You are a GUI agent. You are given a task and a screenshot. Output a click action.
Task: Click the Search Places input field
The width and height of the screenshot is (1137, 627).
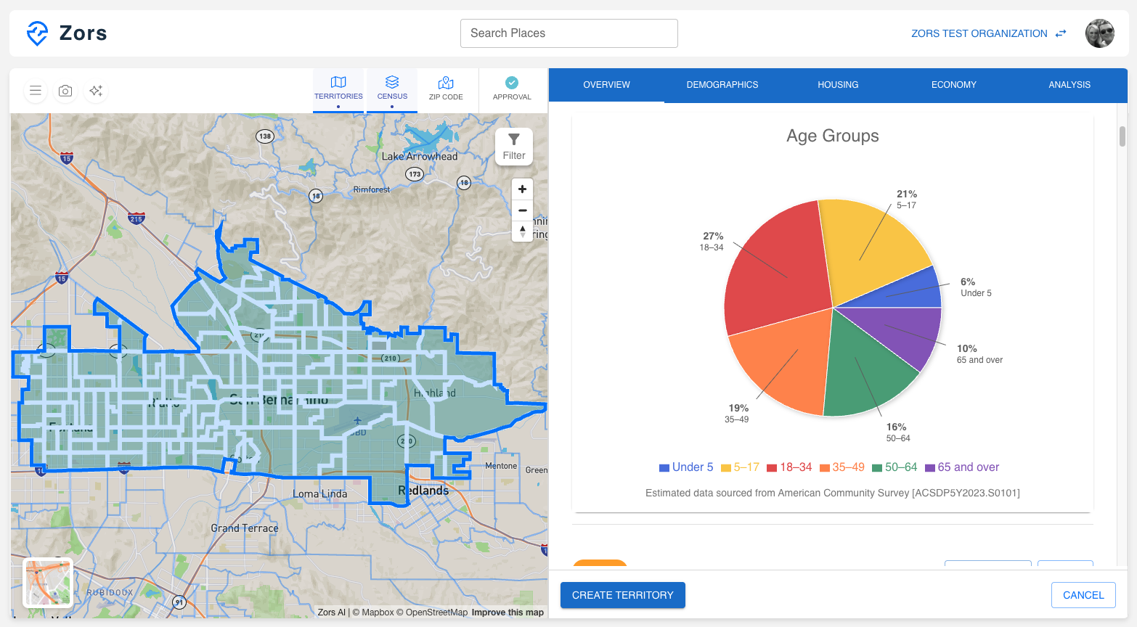pos(568,33)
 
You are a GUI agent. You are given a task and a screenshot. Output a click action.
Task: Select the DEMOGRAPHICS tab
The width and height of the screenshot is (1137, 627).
pos(722,85)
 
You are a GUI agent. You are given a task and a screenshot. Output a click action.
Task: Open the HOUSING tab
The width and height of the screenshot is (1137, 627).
pos(838,85)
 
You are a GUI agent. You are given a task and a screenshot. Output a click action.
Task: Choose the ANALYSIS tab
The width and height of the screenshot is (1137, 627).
pos(1069,85)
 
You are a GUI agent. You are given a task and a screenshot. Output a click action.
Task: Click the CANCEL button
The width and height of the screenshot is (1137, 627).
pos(1083,595)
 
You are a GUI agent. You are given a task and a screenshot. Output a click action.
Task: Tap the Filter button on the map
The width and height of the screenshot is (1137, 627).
pos(514,147)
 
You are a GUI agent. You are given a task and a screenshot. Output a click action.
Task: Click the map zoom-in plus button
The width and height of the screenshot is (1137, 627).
pos(522,189)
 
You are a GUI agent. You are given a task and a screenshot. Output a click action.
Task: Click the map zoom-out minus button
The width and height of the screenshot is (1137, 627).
pos(522,210)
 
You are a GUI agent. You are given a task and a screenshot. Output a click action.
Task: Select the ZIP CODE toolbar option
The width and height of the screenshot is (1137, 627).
pos(446,89)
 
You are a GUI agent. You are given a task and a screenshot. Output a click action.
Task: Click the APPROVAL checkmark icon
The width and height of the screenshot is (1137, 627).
pos(512,83)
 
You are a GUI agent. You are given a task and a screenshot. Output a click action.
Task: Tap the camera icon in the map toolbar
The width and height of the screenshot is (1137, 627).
pos(65,91)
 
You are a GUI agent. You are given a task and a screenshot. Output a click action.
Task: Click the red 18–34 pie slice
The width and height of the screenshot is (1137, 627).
pos(773,269)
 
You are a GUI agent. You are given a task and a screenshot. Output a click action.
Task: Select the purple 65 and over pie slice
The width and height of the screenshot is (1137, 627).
pos(908,334)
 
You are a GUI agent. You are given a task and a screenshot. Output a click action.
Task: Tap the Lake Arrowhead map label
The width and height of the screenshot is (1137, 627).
pos(420,156)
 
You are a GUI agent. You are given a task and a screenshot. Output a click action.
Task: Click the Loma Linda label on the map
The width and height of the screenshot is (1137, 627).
pos(319,494)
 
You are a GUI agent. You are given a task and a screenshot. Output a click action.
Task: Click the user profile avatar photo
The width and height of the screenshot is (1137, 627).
pos(1099,33)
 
